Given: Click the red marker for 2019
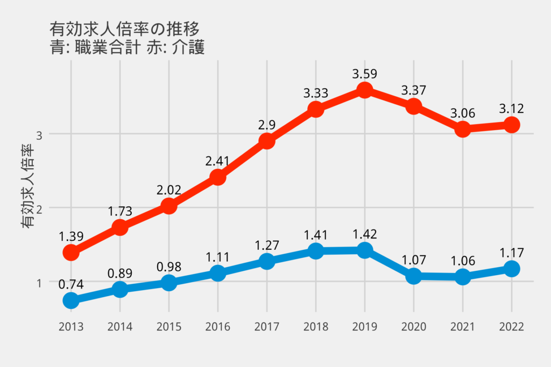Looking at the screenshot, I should tap(364, 90).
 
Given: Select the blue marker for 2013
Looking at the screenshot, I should tap(71, 300).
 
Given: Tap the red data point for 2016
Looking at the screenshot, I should tap(217, 177).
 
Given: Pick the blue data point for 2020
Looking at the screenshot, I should tap(413, 276).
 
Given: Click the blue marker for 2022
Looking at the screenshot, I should tap(511, 269).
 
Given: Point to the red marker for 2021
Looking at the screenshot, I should tap(462, 129).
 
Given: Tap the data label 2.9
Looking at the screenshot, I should tap(266, 125).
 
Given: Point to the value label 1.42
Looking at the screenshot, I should tap(364, 234).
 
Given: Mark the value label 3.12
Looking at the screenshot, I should tap(511, 109).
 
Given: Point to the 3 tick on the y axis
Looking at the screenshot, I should tap(39, 134).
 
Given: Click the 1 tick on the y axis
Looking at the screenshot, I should tap(39, 282).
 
